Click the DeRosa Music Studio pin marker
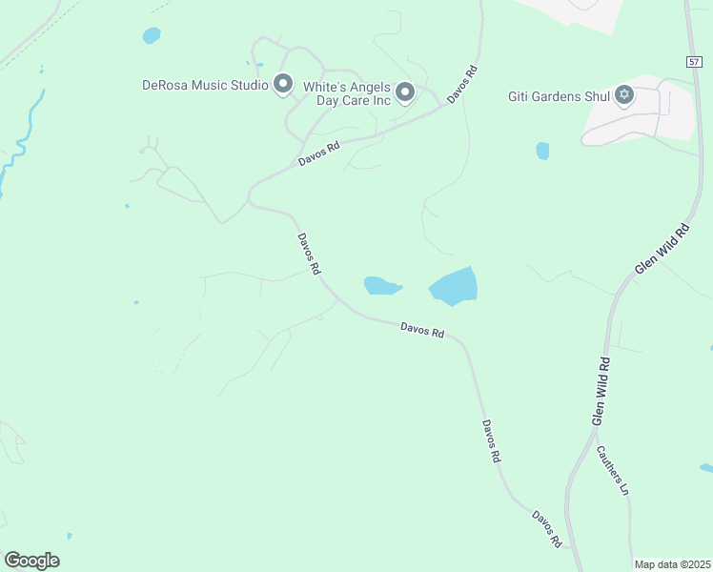(x=282, y=84)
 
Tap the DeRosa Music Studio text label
(x=205, y=85)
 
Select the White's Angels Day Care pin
(x=405, y=92)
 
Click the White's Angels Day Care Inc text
(x=347, y=92)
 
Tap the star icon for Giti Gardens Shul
(x=624, y=93)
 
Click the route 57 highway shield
(x=693, y=61)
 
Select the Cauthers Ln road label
(x=613, y=470)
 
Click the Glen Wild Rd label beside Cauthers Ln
(x=601, y=391)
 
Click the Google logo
(x=31, y=561)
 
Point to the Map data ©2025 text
(x=672, y=564)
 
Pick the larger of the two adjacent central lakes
(x=454, y=286)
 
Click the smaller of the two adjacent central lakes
(x=381, y=286)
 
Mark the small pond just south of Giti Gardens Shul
(x=542, y=151)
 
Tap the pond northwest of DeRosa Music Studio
(x=152, y=36)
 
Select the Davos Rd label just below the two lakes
(x=422, y=331)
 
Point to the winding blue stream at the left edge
(x=21, y=143)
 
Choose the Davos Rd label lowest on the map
(x=547, y=528)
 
